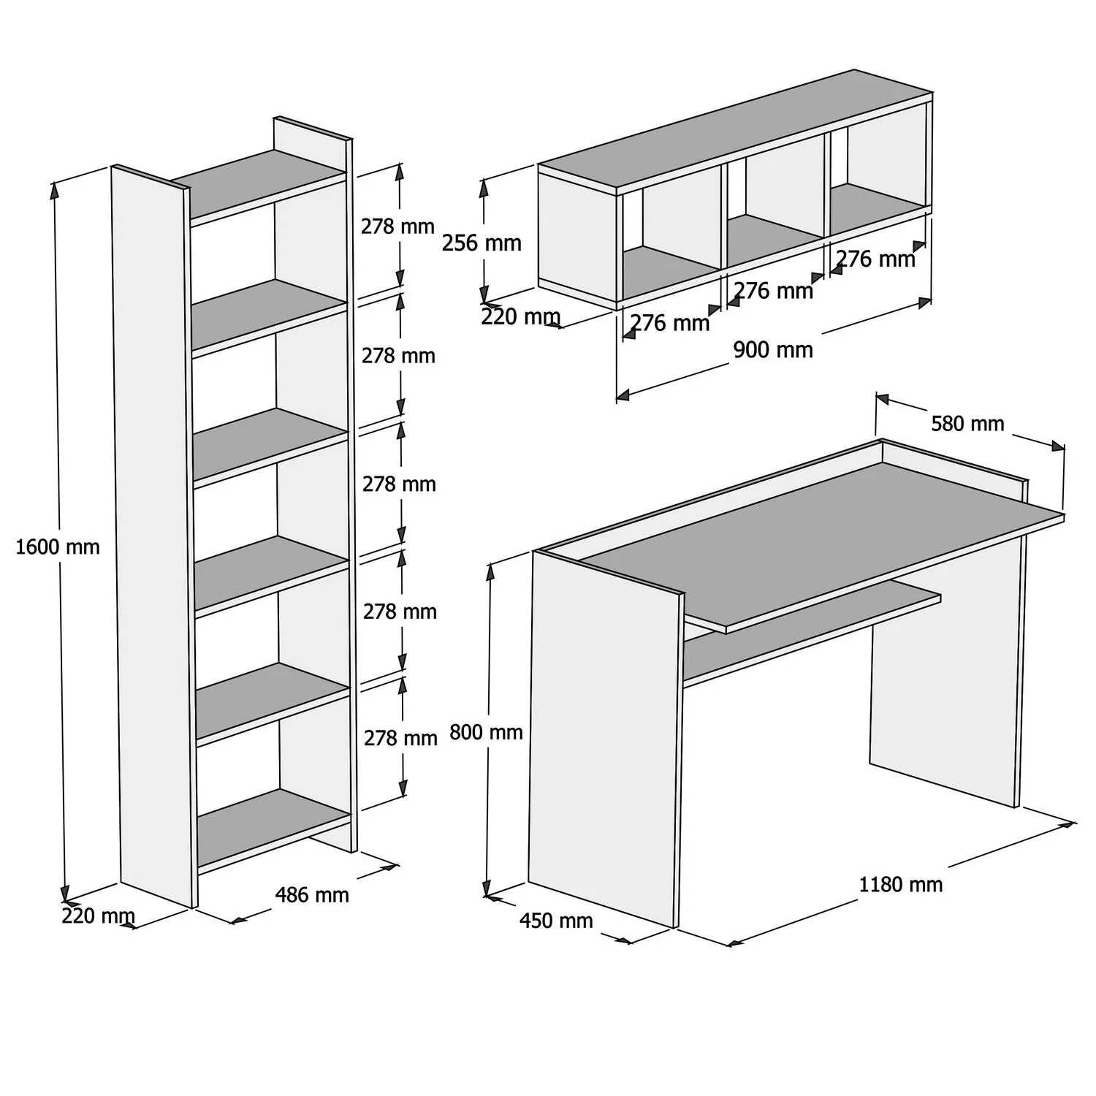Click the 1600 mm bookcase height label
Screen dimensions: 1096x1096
[57, 547]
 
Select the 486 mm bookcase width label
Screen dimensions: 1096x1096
[312, 894]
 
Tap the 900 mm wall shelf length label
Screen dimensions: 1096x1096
[772, 350]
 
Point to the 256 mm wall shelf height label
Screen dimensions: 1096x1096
[482, 243]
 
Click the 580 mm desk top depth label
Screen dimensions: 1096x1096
[967, 424]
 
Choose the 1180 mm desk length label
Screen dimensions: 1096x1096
[900, 885]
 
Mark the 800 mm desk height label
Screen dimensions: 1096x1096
[486, 731]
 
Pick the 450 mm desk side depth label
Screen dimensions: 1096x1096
[556, 921]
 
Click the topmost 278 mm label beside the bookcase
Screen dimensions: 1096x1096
[397, 227]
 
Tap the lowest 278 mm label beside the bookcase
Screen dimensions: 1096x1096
[400, 738]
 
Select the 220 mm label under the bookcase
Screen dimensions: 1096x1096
[98, 916]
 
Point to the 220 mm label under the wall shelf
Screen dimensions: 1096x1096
[520, 317]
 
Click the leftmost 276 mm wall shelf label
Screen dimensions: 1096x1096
[669, 322]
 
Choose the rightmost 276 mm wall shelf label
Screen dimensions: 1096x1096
[875, 259]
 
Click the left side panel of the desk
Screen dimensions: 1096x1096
[603, 738]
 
